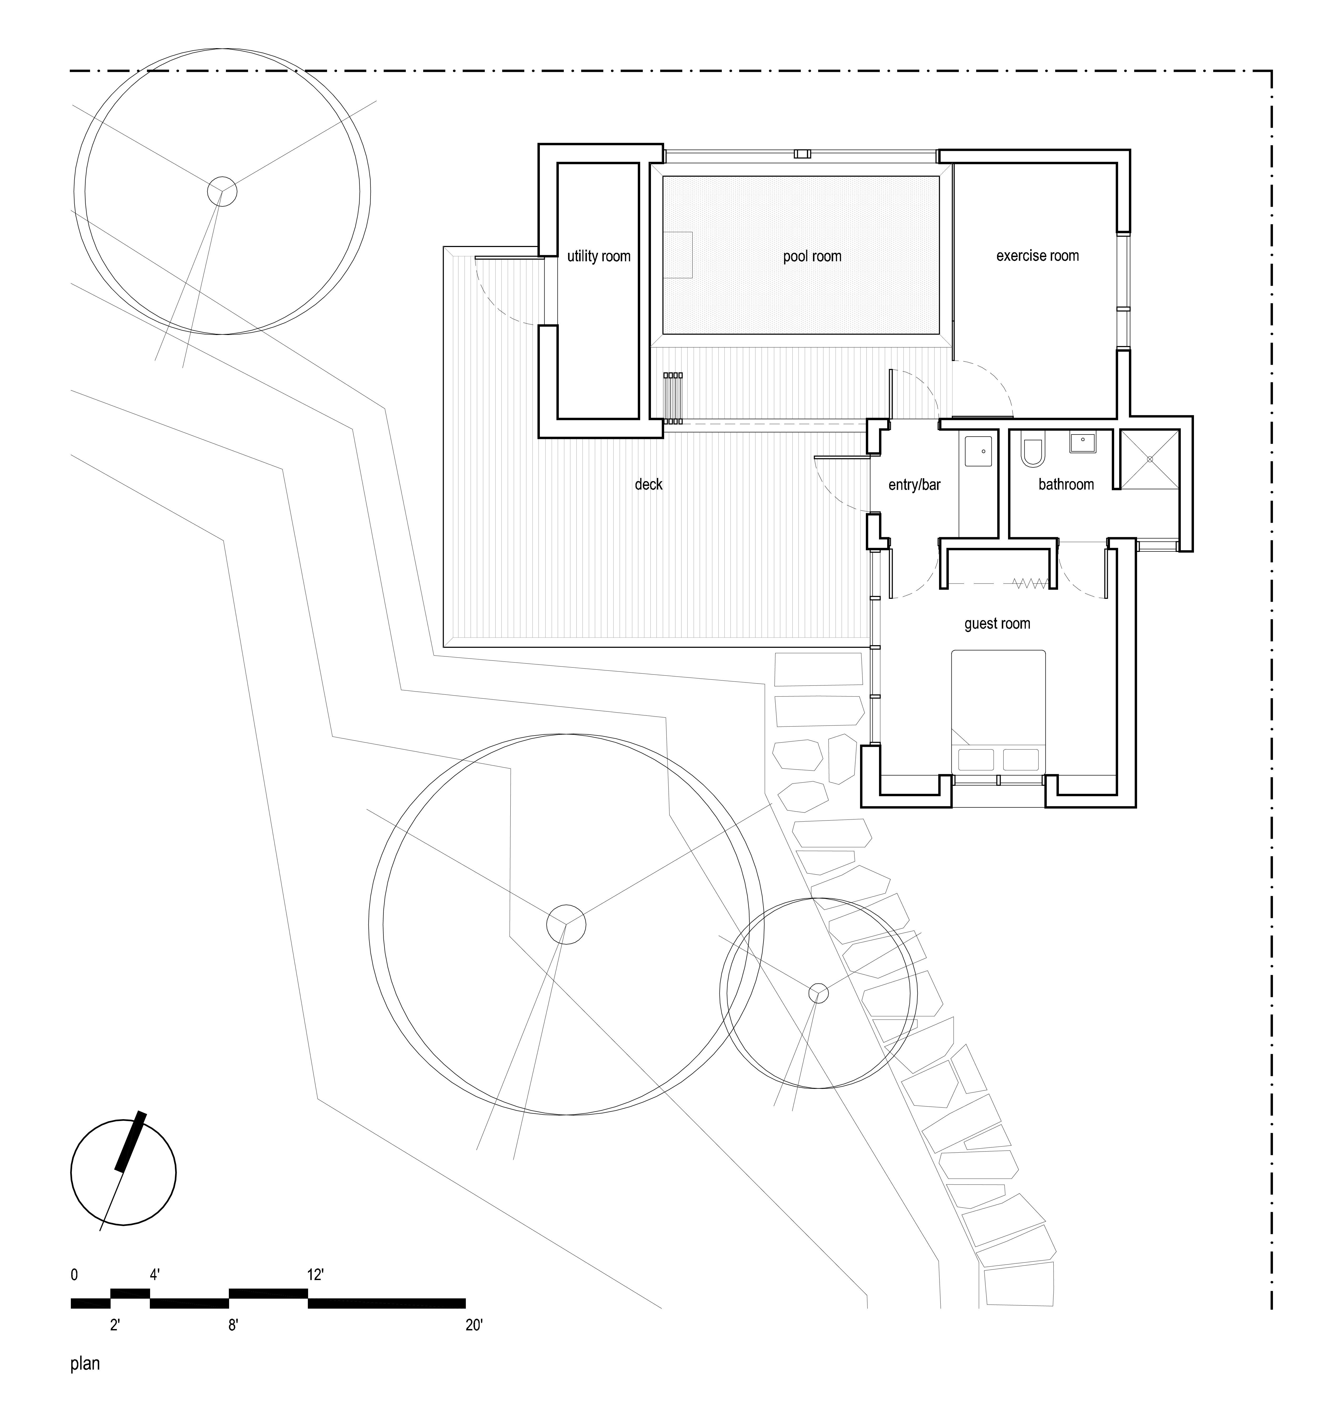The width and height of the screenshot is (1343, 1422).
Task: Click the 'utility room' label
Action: [x=599, y=256]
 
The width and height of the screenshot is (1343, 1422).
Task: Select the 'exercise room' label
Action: [x=1037, y=256]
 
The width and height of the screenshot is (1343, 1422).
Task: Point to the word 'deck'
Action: [x=649, y=485]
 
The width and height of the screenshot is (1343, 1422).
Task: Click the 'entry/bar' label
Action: [x=914, y=485]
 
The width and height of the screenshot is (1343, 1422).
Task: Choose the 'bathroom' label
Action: [x=1066, y=485]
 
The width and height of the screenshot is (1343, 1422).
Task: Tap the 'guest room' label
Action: [x=997, y=624]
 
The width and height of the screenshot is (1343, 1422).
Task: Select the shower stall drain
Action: [x=1150, y=459]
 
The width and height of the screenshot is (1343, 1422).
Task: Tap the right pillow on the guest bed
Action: [x=1020, y=760]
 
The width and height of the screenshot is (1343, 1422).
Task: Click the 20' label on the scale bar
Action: [x=474, y=1325]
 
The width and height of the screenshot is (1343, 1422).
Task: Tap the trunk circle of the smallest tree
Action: [x=818, y=993]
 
